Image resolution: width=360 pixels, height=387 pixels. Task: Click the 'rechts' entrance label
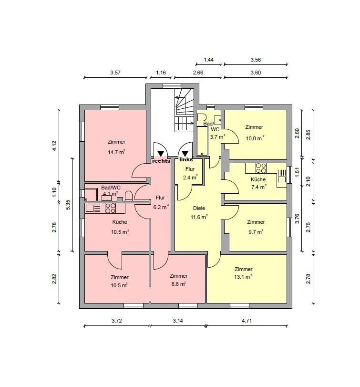point(161,161)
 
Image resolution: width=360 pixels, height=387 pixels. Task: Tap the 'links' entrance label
point(186,160)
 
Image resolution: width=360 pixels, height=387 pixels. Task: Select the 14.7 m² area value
point(116,152)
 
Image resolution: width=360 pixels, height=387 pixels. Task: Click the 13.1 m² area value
point(243,277)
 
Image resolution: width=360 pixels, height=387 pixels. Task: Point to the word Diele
point(199,208)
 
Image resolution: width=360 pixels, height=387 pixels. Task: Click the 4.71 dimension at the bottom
point(247,321)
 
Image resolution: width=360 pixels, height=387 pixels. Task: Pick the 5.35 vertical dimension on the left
point(68,205)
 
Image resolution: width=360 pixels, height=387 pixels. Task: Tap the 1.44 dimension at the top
point(208,60)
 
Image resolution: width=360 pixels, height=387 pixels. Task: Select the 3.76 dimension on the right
point(297,219)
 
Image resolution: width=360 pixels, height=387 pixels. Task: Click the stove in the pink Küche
point(111,208)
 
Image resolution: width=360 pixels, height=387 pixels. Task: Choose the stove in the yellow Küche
point(261,168)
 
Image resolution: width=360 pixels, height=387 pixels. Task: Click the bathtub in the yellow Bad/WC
point(202,141)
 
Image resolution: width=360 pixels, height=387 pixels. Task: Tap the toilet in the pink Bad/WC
point(128,196)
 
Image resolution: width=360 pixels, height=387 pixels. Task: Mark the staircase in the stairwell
point(184,111)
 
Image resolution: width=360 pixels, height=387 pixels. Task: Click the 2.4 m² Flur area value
point(190,178)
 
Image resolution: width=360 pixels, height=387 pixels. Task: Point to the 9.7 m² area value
point(256,232)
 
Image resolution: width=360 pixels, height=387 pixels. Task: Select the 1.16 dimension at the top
point(161,73)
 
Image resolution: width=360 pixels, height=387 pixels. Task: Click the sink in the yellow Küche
point(282,176)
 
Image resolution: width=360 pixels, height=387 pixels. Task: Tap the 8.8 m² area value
point(178,284)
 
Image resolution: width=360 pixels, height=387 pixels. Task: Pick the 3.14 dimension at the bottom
point(177,321)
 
